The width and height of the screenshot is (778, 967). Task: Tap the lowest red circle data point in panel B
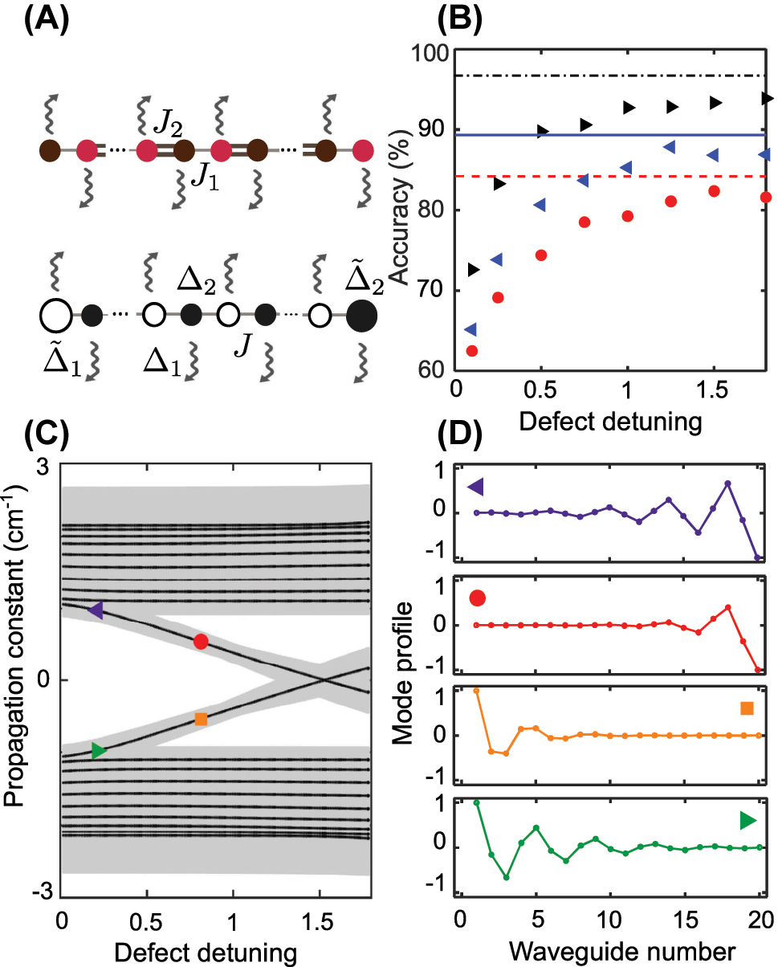(x=472, y=351)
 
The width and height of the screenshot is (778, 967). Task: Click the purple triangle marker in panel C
(x=96, y=611)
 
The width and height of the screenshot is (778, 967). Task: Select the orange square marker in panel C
(x=201, y=719)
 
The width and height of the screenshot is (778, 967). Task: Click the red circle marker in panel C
(x=201, y=641)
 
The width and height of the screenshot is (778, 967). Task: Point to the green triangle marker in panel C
(x=98, y=751)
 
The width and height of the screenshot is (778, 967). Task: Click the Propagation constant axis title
(x=16, y=679)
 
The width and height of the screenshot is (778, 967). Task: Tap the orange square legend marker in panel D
(x=747, y=708)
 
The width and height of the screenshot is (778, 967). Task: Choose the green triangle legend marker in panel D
(x=747, y=820)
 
